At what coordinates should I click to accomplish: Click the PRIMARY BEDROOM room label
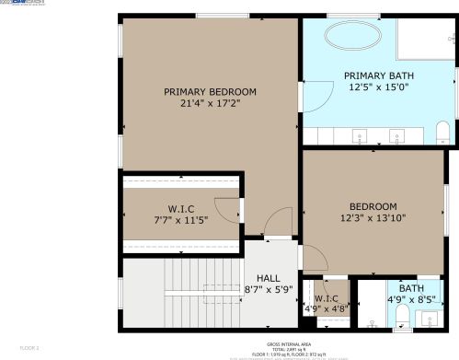(210, 91)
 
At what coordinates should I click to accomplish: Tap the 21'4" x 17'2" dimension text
(210, 104)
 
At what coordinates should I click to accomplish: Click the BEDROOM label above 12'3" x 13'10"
(373, 206)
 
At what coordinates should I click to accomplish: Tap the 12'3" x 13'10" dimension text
(373, 218)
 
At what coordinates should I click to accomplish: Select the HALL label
(269, 278)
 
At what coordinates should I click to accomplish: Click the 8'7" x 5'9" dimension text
(269, 290)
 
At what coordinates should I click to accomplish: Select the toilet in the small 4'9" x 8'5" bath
(402, 319)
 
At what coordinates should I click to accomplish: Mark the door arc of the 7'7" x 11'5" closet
(227, 211)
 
